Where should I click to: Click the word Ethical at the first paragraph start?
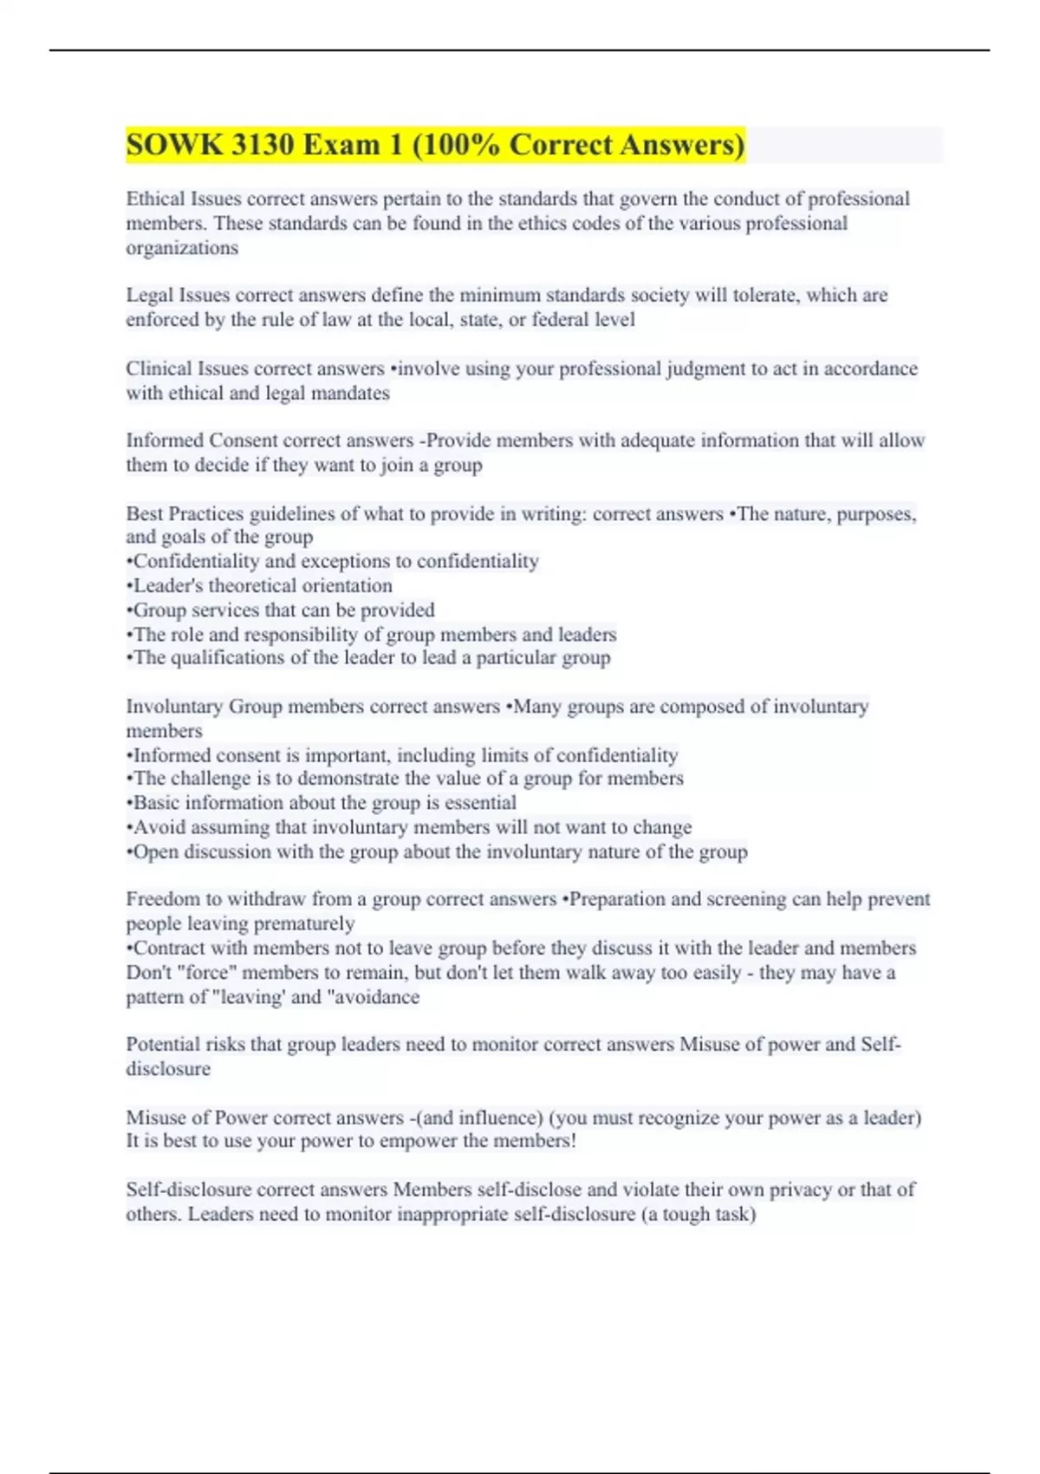click(155, 199)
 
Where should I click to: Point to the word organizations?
click(182, 248)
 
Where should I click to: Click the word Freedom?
click(162, 899)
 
